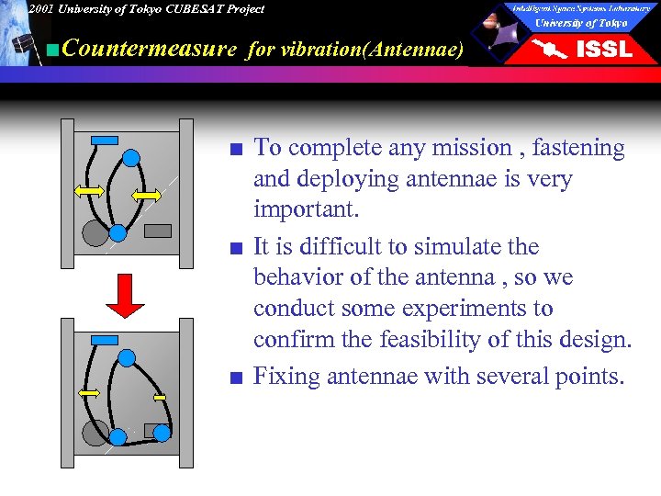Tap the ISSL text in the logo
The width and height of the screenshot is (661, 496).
pyautogui.click(x=603, y=50)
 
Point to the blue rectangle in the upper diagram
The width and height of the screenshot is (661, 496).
pyautogui.click(x=105, y=140)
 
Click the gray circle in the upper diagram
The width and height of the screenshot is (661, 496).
pyautogui.click(x=95, y=233)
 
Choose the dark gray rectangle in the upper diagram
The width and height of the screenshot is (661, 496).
pyautogui.click(x=158, y=231)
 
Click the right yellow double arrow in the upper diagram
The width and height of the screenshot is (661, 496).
pyautogui.click(x=147, y=196)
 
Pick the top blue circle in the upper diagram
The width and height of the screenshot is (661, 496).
pyautogui.click(x=131, y=158)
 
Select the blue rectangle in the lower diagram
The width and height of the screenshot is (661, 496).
pyautogui.click(x=105, y=340)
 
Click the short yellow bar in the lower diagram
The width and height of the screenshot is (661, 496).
pyautogui.click(x=159, y=398)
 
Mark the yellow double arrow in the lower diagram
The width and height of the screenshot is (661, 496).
pyautogui.click(x=88, y=392)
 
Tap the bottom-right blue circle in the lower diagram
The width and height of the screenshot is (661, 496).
pyautogui.click(x=162, y=432)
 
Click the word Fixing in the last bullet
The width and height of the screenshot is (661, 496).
pyautogui.click(x=283, y=377)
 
